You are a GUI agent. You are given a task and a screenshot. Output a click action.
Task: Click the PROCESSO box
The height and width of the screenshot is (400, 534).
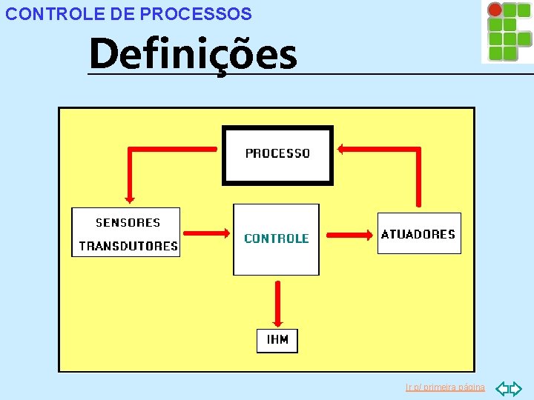tap(277, 155)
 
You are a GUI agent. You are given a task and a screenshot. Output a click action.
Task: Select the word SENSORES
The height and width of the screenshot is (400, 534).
tap(128, 222)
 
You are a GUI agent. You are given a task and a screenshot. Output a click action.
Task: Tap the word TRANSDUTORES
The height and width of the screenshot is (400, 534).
tap(128, 246)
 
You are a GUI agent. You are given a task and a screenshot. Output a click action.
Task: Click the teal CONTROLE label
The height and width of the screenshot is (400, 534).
tap(276, 239)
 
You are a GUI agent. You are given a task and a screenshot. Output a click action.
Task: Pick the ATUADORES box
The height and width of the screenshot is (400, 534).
tap(418, 234)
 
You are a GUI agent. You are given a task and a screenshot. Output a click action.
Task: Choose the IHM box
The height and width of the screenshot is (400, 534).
tap(277, 341)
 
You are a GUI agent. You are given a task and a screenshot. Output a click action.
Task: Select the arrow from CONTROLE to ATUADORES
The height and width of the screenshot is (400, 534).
tap(349, 235)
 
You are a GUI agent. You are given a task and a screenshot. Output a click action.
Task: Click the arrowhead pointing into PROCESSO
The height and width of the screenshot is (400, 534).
tap(342, 150)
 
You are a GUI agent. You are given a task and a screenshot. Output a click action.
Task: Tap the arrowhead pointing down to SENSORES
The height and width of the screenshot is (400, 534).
tap(130, 198)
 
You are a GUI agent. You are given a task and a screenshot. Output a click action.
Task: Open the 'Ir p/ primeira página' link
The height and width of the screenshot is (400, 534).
tap(445, 387)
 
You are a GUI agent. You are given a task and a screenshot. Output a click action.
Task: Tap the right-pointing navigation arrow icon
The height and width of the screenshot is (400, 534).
tap(516, 388)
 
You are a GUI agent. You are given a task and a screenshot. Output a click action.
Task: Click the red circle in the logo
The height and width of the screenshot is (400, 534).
tap(495, 10)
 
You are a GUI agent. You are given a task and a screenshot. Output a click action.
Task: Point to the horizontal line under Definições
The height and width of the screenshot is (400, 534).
tap(311, 74)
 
